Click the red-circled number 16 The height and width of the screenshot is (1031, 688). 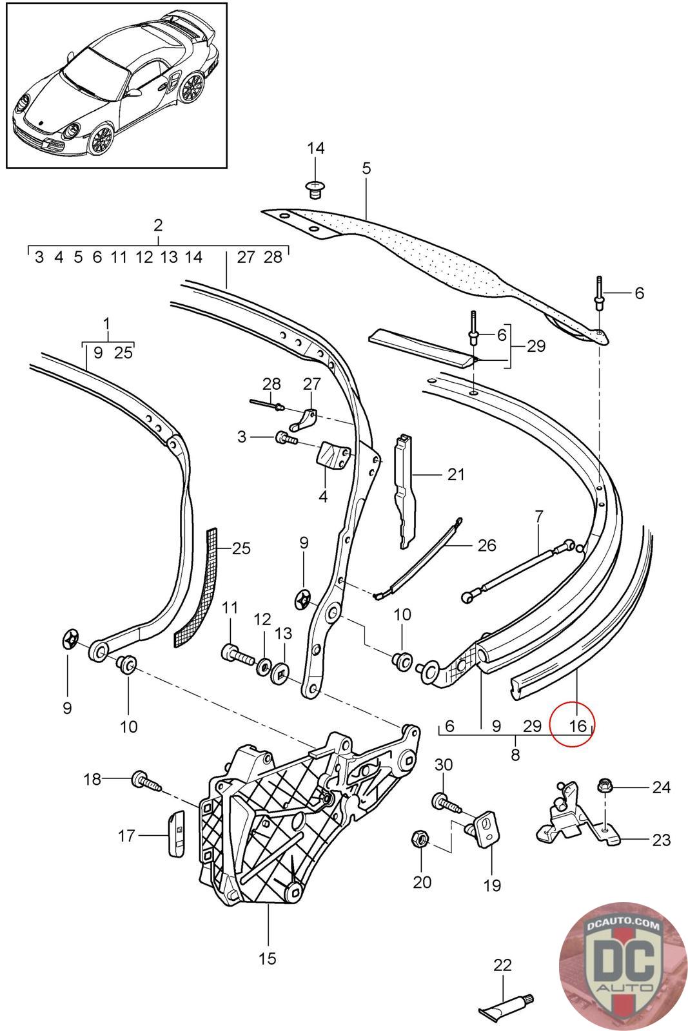pyautogui.click(x=578, y=726)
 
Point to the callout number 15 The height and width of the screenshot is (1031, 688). pyautogui.click(x=267, y=958)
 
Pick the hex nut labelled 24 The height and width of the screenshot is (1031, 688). pyautogui.click(x=607, y=787)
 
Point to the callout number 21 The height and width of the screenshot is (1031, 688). pyautogui.click(x=456, y=475)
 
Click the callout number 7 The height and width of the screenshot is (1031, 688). pyautogui.click(x=539, y=515)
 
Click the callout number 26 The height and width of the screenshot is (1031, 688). pyautogui.click(x=487, y=546)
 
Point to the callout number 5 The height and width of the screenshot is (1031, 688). pyautogui.click(x=366, y=169)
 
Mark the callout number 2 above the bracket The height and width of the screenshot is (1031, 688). pyautogui.click(x=158, y=226)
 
